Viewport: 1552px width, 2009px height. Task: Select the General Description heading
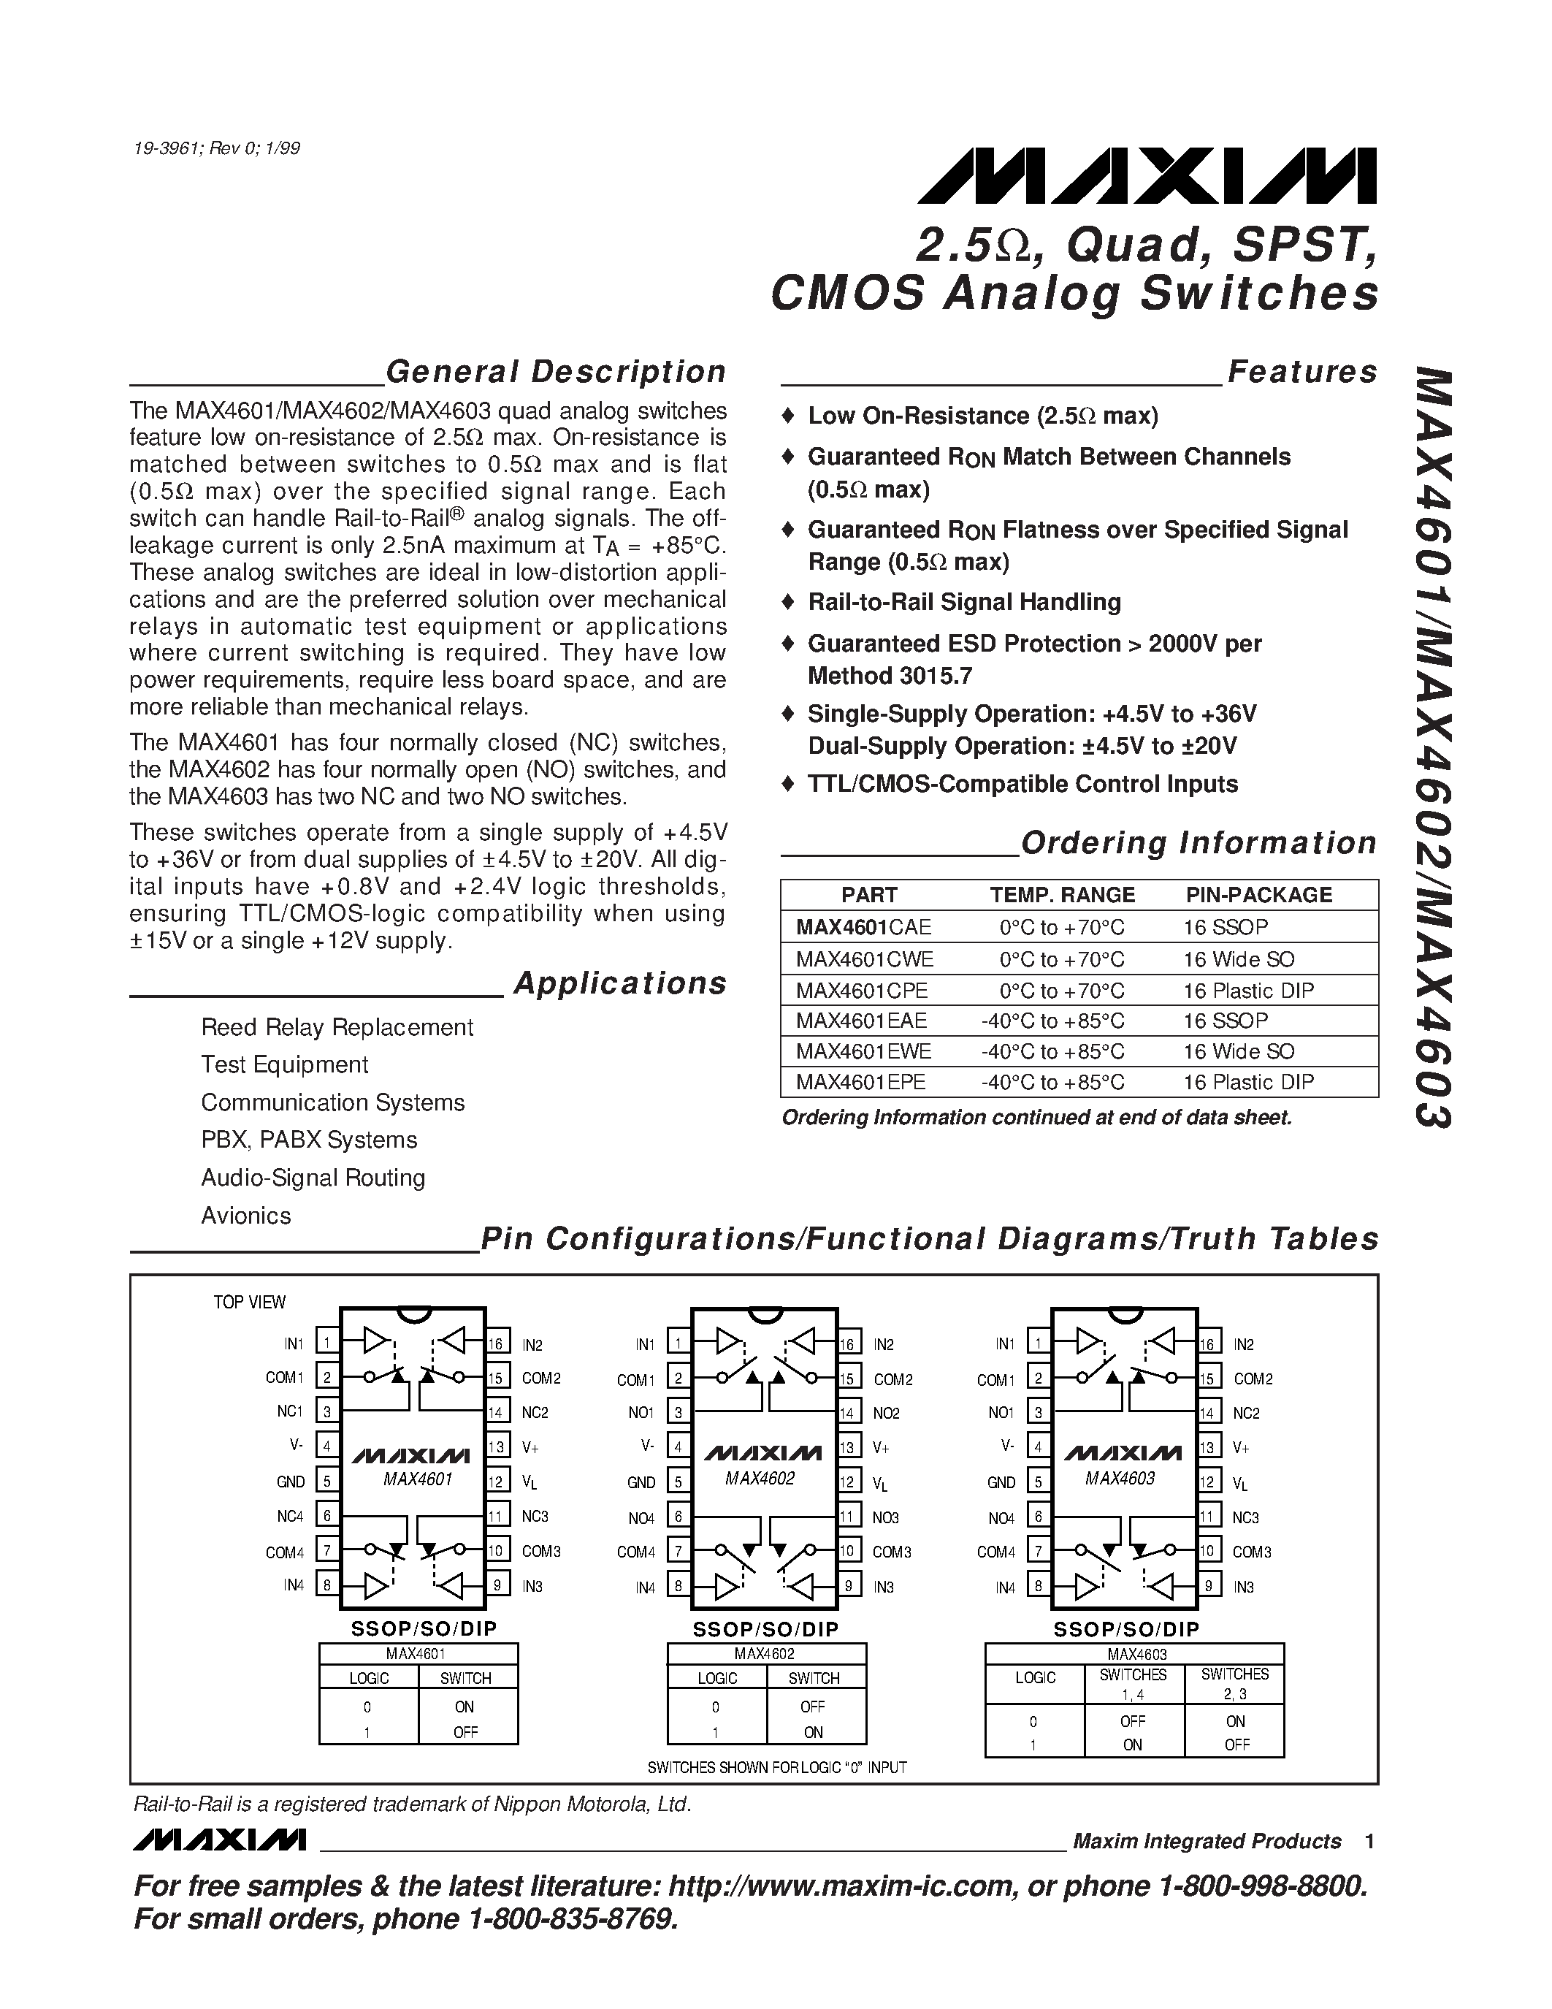tap(555, 372)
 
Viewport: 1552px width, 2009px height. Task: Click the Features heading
tap(1302, 372)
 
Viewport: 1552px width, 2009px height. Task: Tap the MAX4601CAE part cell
tap(863, 927)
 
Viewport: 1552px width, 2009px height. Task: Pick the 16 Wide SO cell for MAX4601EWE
tap(1239, 1051)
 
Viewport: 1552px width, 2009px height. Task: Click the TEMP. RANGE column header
tap(1062, 895)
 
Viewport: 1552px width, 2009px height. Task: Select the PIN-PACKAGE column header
tap(1258, 895)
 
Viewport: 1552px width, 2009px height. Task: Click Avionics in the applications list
tap(245, 1216)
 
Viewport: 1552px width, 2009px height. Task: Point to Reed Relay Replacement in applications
tap(337, 1027)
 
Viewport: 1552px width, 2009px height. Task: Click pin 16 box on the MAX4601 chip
tap(497, 1344)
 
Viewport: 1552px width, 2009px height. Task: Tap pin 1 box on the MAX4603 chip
tap(1038, 1344)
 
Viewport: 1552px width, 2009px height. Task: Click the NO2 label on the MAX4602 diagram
tap(887, 1413)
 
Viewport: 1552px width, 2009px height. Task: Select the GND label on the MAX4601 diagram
tap(291, 1482)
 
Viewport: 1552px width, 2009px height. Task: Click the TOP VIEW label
tap(249, 1303)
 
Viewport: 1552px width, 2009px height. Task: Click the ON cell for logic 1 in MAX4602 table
tap(813, 1732)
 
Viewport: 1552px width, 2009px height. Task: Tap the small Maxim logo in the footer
tap(219, 1840)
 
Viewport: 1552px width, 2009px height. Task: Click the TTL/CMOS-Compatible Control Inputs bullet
tap(1022, 785)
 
